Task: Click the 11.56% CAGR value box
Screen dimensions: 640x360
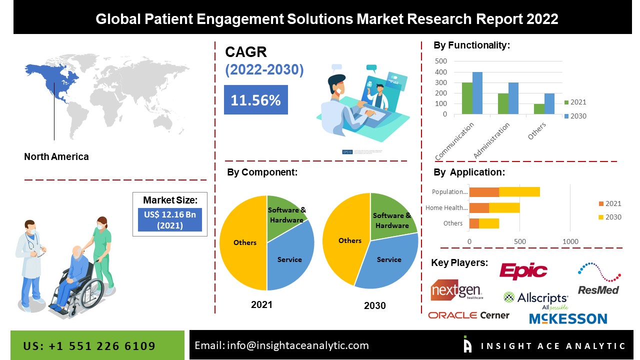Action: (x=255, y=99)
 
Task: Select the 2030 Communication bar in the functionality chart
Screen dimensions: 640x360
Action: (x=477, y=93)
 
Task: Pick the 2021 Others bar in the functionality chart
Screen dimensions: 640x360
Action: (x=539, y=109)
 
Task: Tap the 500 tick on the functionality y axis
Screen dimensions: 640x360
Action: (x=441, y=61)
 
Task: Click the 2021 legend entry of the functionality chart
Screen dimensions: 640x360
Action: (x=575, y=102)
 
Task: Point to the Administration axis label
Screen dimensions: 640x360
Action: (x=491, y=140)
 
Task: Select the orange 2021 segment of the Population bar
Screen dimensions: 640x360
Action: (x=484, y=192)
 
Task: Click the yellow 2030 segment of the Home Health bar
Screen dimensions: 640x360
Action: (x=504, y=207)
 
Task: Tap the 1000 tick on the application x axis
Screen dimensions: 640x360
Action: (x=570, y=241)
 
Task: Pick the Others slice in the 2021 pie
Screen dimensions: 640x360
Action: (x=244, y=243)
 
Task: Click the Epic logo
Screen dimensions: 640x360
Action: (x=523, y=271)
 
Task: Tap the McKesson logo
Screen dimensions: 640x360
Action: (x=568, y=318)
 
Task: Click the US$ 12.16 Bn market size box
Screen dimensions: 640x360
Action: (x=170, y=219)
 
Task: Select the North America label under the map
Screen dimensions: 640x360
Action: (x=56, y=156)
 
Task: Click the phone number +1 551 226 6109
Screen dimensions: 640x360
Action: (x=102, y=346)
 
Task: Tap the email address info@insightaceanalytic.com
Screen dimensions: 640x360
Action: (x=298, y=345)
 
